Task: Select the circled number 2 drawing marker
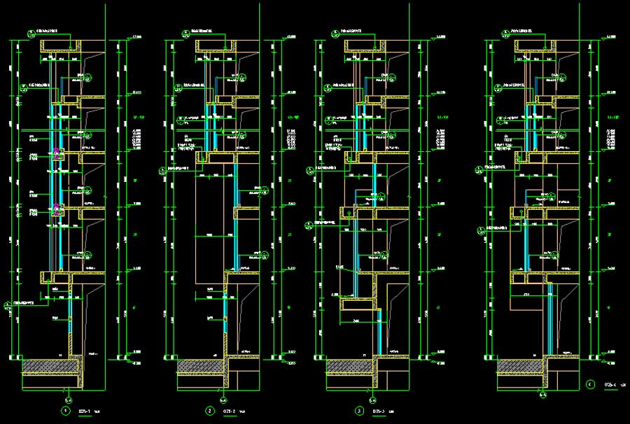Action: coord(209,411)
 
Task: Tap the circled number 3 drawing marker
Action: coord(359,411)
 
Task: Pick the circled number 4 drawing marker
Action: coord(590,383)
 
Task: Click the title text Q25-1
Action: coord(84,411)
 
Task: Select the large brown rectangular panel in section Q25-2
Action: coord(210,231)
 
